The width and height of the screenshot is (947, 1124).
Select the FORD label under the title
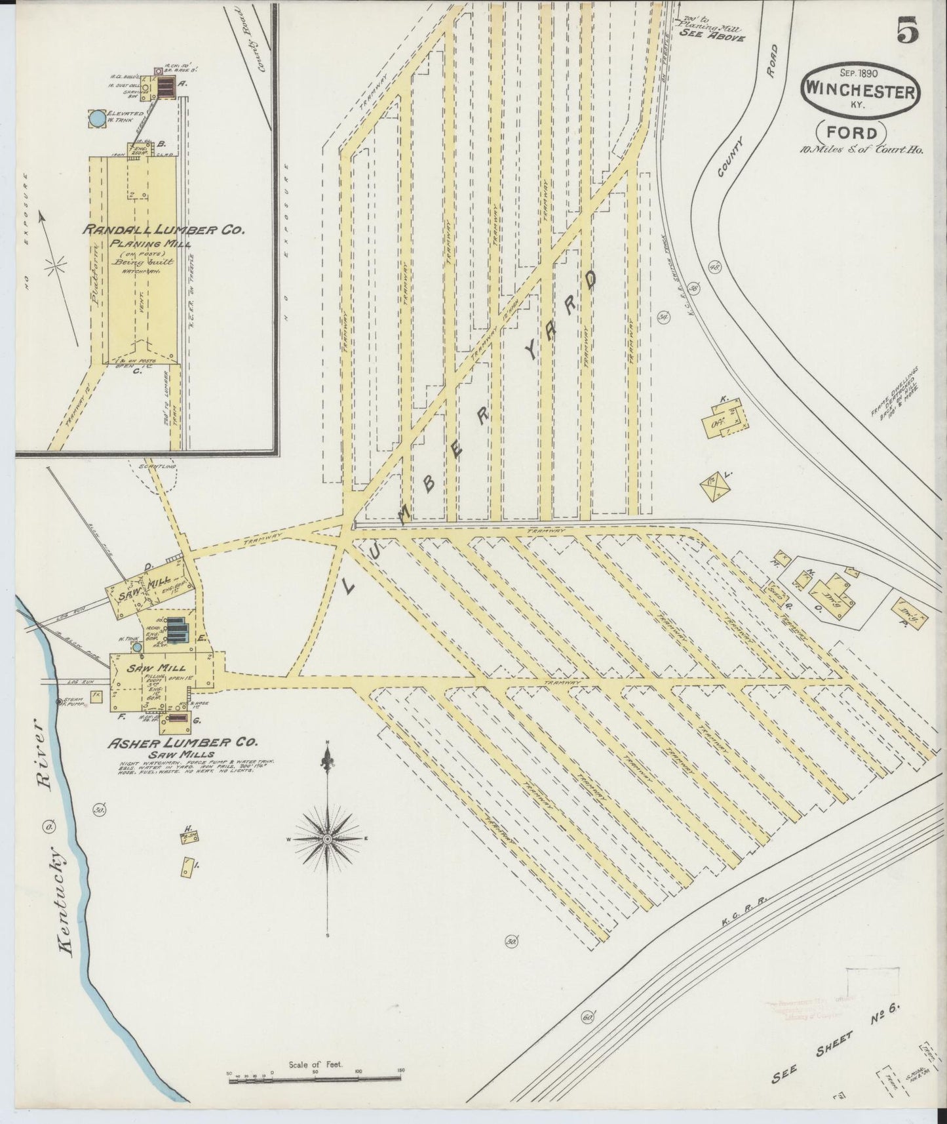tap(851, 134)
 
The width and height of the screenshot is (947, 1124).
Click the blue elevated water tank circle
tap(96, 119)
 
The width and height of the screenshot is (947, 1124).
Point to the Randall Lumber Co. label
tap(163, 230)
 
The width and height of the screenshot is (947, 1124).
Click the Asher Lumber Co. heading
tap(183, 742)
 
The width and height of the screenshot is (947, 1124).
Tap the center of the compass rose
tap(326, 839)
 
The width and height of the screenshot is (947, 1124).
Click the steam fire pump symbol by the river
tap(60, 702)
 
